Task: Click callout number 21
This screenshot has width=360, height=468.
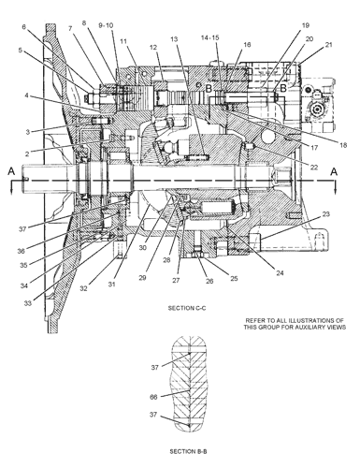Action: (x=329, y=45)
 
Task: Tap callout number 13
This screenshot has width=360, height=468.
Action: (x=174, y=39)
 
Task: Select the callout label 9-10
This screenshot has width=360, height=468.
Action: (x=106, y=25)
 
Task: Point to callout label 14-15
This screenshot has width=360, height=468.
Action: (x=209, y=37)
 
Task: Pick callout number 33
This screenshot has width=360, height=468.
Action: (x=28, y=303)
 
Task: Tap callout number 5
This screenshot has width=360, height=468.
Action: (x=21, y=50)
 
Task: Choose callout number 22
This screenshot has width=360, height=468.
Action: (x=314, y=168)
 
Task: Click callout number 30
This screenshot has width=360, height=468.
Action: (x=143, y=247)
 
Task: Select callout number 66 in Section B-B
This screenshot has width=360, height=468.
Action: (x=153, y=397)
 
